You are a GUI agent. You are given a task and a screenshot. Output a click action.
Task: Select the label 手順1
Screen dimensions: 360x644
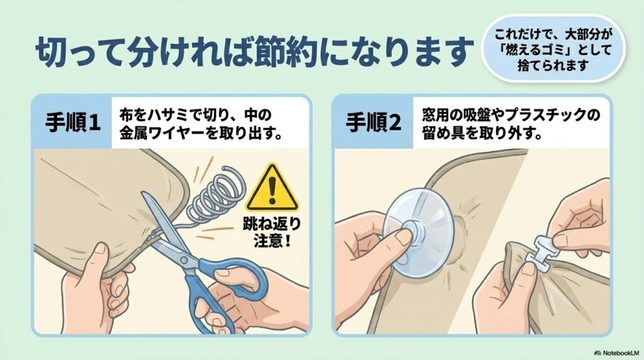coord(73,121)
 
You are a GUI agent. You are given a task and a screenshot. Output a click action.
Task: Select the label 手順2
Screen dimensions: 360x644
coord(373,121)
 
